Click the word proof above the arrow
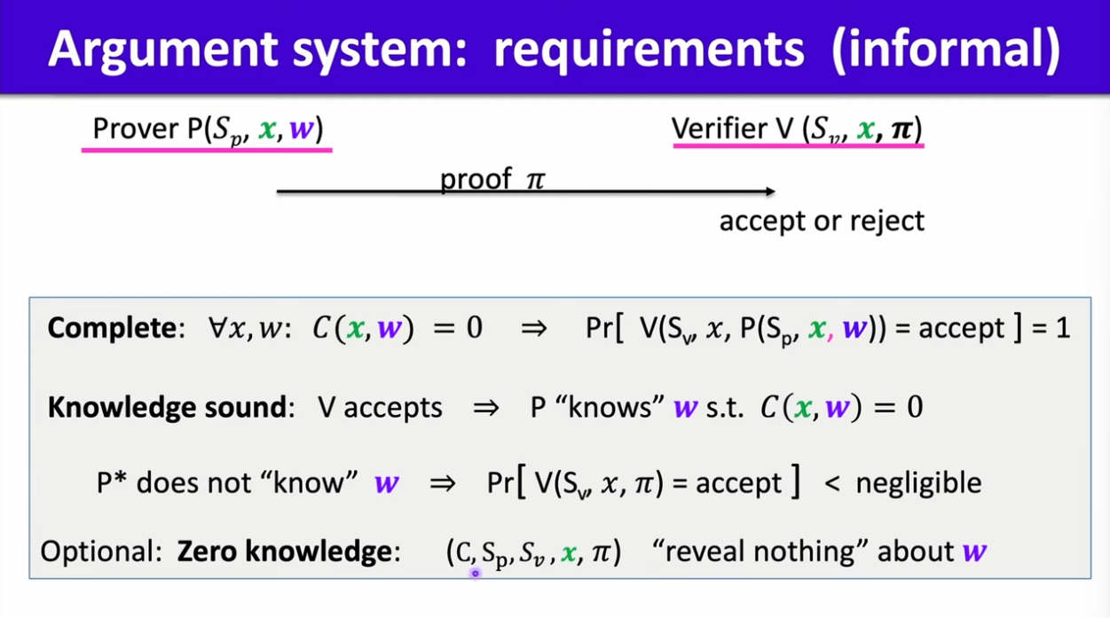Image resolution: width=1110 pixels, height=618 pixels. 476,180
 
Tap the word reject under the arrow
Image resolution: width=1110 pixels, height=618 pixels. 887,221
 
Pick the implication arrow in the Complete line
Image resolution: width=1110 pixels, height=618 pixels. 534,329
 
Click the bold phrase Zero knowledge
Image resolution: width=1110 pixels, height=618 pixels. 284,552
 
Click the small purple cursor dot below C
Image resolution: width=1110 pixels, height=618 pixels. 475,574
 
